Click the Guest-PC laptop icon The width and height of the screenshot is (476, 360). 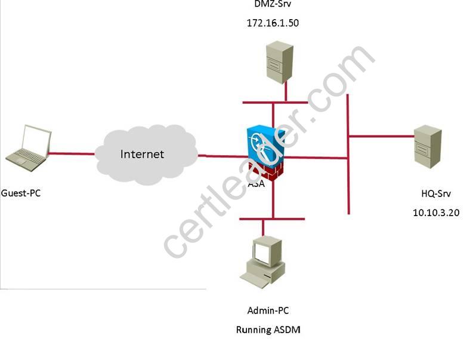[x=29, y=148]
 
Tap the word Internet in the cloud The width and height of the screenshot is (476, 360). [x=142, y=154]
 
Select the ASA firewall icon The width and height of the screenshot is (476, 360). [x=265, y=153]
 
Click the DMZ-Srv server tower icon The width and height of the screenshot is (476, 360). [x=280, y=63]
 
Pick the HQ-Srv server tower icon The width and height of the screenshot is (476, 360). [x=428, y=146]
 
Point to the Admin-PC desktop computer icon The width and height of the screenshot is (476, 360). [x=263, y=262]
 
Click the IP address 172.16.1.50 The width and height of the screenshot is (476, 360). [x=273, y=23]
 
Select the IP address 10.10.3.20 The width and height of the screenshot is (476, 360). [x=436, y=213]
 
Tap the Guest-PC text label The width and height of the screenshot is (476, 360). [x=21, y=193]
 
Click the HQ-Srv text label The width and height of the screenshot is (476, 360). [x=436, y=193]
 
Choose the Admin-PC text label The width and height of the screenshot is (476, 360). [x=268, y=310]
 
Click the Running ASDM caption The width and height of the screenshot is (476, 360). [x=268, y=330]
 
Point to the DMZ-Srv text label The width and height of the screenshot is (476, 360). [x=273, y=4]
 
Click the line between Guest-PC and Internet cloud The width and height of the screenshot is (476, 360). [x=72, y=153]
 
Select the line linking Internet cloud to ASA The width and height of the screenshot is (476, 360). [x=222, y=156]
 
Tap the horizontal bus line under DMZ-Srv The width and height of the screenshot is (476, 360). [x=275, y=103]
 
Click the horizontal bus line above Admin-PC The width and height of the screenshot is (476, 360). [x=272, y=219]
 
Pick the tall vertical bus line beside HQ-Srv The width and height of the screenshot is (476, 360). [x=348, y=154]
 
